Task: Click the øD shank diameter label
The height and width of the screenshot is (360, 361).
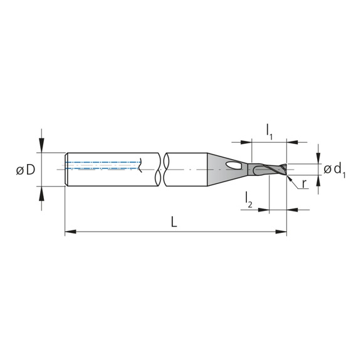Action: (x=24, y=170)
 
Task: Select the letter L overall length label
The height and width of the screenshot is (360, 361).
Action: (x=174, y=222)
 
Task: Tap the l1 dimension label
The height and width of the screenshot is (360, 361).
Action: (x=269, y=131)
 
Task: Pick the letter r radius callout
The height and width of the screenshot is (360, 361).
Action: (x=303, y=184)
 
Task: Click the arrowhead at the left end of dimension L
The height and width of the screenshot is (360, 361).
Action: (x=70, y=232)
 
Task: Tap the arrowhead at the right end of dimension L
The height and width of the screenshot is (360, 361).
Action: (x=282, y=232)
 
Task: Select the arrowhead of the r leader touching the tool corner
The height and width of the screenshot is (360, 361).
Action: (x=289, y=177)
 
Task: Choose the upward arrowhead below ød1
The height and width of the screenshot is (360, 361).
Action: (x=319, y=179)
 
